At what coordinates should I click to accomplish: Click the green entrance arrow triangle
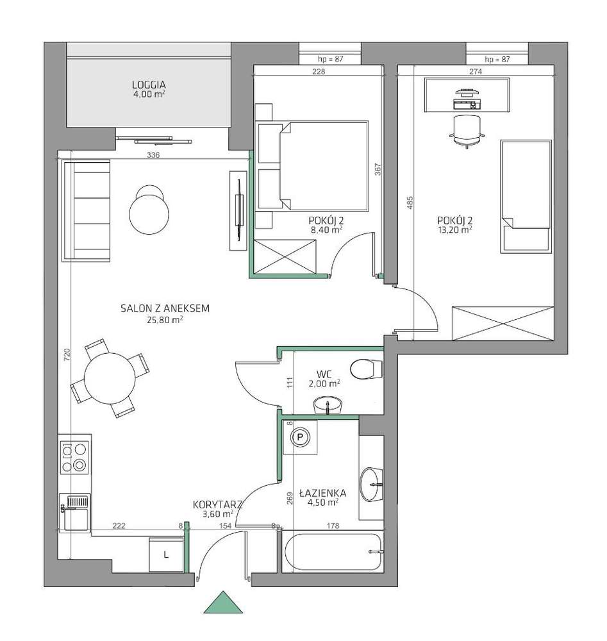click(223, 603)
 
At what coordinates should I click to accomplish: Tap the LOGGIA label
click(149, 85)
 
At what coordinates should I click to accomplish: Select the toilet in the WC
click(366, 369)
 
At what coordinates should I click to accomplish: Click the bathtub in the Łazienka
click(333, 551)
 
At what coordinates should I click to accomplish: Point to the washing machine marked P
click(301, 437)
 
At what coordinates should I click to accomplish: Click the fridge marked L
click(166, 554)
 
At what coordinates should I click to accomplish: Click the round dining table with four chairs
click(110, 379)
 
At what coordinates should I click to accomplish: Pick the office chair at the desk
click(467, 130)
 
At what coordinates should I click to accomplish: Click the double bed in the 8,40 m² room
click(313, 166)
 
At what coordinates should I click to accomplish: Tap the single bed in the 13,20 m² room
click(526, 196)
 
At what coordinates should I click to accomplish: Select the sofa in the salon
click(86, 210)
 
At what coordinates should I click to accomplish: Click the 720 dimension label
click(67, 354)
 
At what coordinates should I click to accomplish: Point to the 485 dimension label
click(410, 203)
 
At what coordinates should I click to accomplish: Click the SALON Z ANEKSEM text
click(165, 308)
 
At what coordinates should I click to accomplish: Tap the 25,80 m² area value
click(164, 320)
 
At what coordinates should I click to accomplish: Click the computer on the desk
click(467, 99)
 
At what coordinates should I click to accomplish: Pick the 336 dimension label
click(153, 155)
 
